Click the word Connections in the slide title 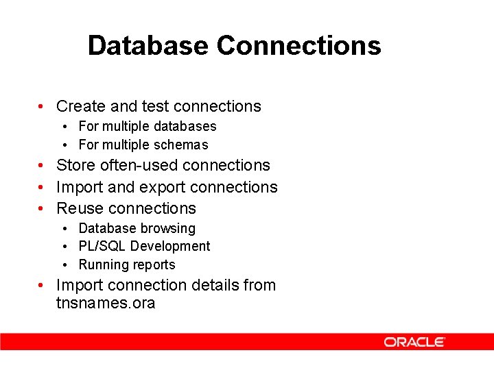coord(299,46)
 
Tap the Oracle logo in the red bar coord(414,342)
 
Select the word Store coord(75,165)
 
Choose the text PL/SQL coord(103,246)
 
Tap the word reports coord(154,264)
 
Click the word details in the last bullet coord(217,285)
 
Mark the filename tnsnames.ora coord(106,303)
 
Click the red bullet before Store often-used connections coord(42,166)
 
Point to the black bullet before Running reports coord(63,265)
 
